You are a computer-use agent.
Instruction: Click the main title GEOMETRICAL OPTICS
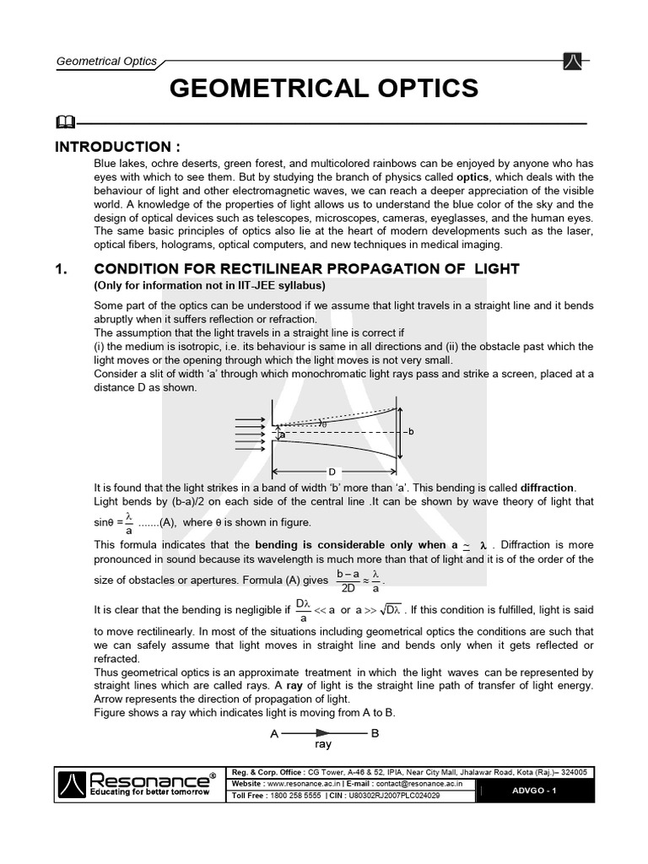pos(324,88)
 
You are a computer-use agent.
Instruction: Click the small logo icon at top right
pos(570,61)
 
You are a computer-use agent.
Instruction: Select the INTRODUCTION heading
pos(117,147)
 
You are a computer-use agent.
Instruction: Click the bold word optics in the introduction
pos(472,177)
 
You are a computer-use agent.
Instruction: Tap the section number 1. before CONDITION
pos(61,269)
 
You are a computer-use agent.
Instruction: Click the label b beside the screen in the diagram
pos(410,431)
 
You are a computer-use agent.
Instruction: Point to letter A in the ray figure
pos(274,734)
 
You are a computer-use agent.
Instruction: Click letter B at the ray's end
pos(375,733)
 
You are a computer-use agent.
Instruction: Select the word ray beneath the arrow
pos(323,745)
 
